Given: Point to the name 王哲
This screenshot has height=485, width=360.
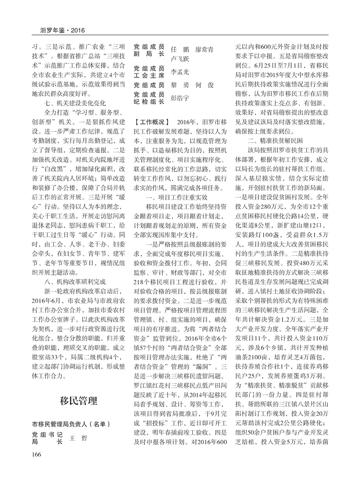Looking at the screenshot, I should click(76, 438).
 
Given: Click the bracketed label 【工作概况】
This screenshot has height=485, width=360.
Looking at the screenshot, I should click(151, 122).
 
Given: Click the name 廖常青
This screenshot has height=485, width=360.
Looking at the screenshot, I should click(204, 50).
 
